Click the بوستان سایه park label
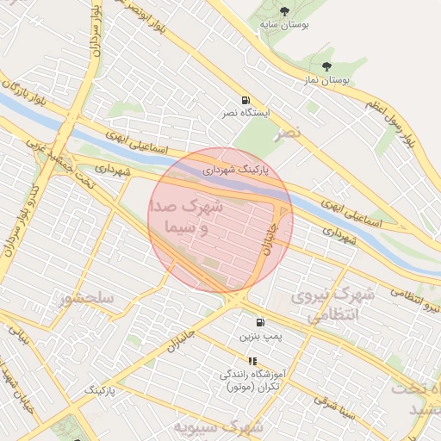(x=284, y=26)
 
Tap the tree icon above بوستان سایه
(x=284, y=11)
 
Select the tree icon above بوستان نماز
(x=326, y=65)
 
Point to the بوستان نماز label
(x=326, y=80)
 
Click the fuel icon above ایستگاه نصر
(x=247, y=99)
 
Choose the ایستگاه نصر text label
(x=247, y=114)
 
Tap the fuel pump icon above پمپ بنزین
(x=260, y=322)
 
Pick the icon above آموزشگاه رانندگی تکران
(x=252, y=361)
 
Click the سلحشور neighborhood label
(x=87, y=299)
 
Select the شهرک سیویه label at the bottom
(x=204, y=426)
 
